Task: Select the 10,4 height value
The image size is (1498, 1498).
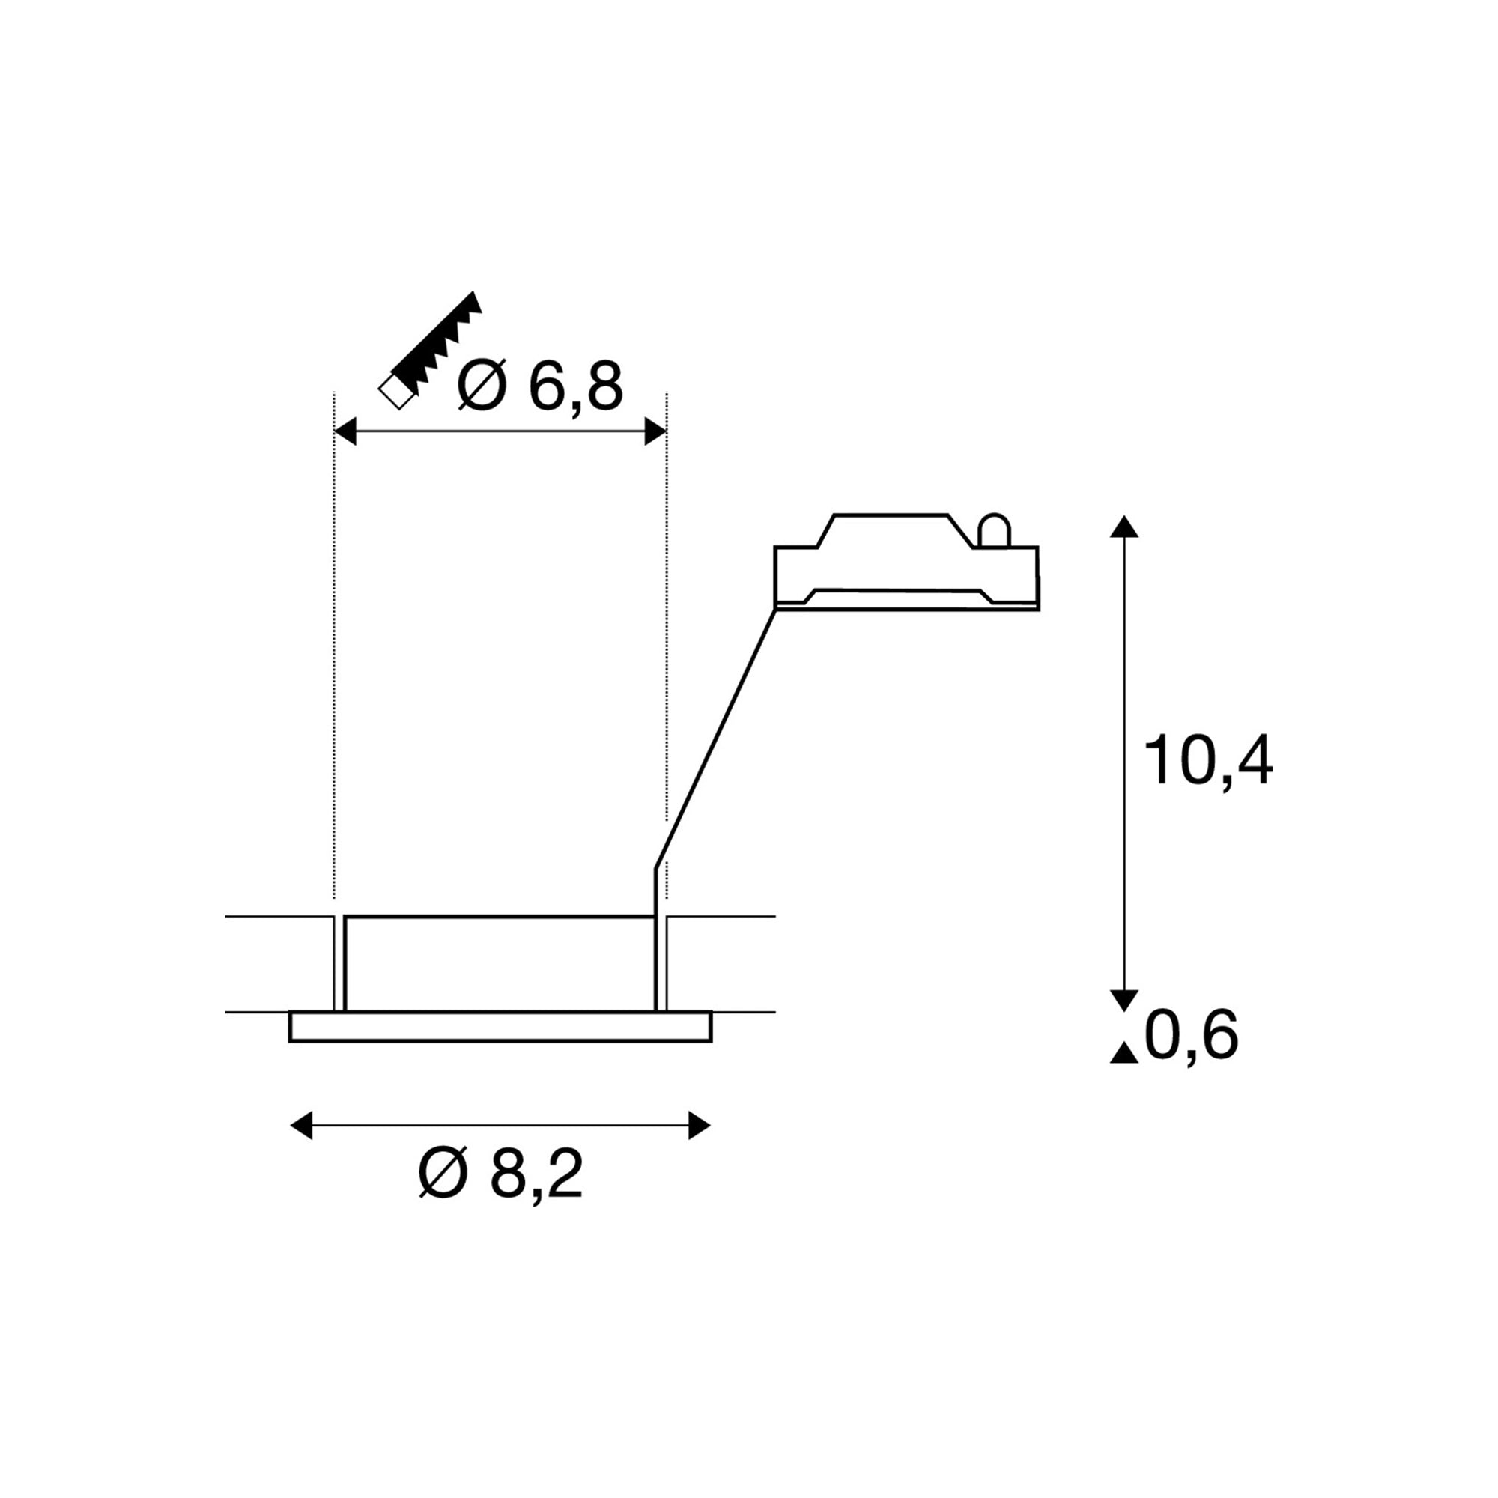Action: coord(1209,761)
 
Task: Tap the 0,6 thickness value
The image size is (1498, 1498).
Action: coord(1192,1036)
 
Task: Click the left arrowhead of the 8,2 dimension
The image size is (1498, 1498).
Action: coord(301,1125)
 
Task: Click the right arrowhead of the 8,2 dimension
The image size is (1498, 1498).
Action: coord(700,1125)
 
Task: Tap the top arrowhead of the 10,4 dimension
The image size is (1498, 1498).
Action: coord(1124,527)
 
